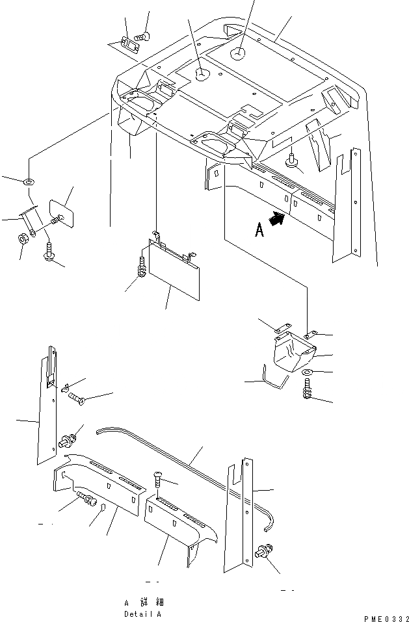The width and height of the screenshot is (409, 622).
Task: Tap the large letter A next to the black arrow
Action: (259, 230)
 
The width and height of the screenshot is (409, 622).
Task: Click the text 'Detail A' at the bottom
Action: (142, 613)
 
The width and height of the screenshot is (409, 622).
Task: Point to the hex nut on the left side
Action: (21, 238)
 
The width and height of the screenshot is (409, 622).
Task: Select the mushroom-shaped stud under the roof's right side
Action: (292, 161)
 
